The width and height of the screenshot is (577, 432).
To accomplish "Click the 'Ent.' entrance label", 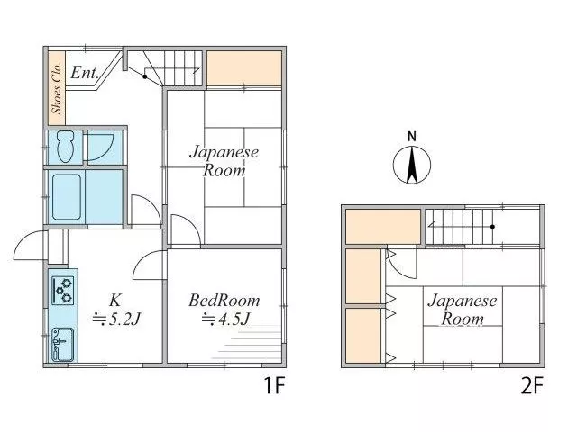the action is (84, 73).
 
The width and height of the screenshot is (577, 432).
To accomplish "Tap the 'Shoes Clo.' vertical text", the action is (57, 88).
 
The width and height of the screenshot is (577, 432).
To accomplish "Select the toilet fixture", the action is (66, 147).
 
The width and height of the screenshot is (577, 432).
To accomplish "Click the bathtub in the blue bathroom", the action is (67, 197).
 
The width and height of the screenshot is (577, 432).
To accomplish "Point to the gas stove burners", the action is (62, 290).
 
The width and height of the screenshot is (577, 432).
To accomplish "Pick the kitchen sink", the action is (62, 344).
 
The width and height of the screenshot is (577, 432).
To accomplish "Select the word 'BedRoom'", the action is (224, 301).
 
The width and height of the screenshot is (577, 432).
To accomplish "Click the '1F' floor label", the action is (275, 385).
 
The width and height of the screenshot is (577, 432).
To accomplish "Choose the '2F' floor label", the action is (532, 385).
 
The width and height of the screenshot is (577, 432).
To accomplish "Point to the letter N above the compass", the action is (412, 137).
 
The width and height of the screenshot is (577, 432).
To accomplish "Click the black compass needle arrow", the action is (412, 165).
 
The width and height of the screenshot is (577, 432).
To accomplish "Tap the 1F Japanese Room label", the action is (224, 161).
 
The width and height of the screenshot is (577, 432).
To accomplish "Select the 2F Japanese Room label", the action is (463, 310).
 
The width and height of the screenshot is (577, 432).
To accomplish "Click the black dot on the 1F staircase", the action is (145, 76).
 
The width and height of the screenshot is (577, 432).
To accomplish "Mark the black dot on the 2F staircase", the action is (493, 227).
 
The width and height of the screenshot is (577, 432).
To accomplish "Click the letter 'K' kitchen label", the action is (114, 300).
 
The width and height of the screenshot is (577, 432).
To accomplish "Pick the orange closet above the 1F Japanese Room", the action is (244, 68).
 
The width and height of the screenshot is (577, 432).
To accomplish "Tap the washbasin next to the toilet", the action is (100, 147).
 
